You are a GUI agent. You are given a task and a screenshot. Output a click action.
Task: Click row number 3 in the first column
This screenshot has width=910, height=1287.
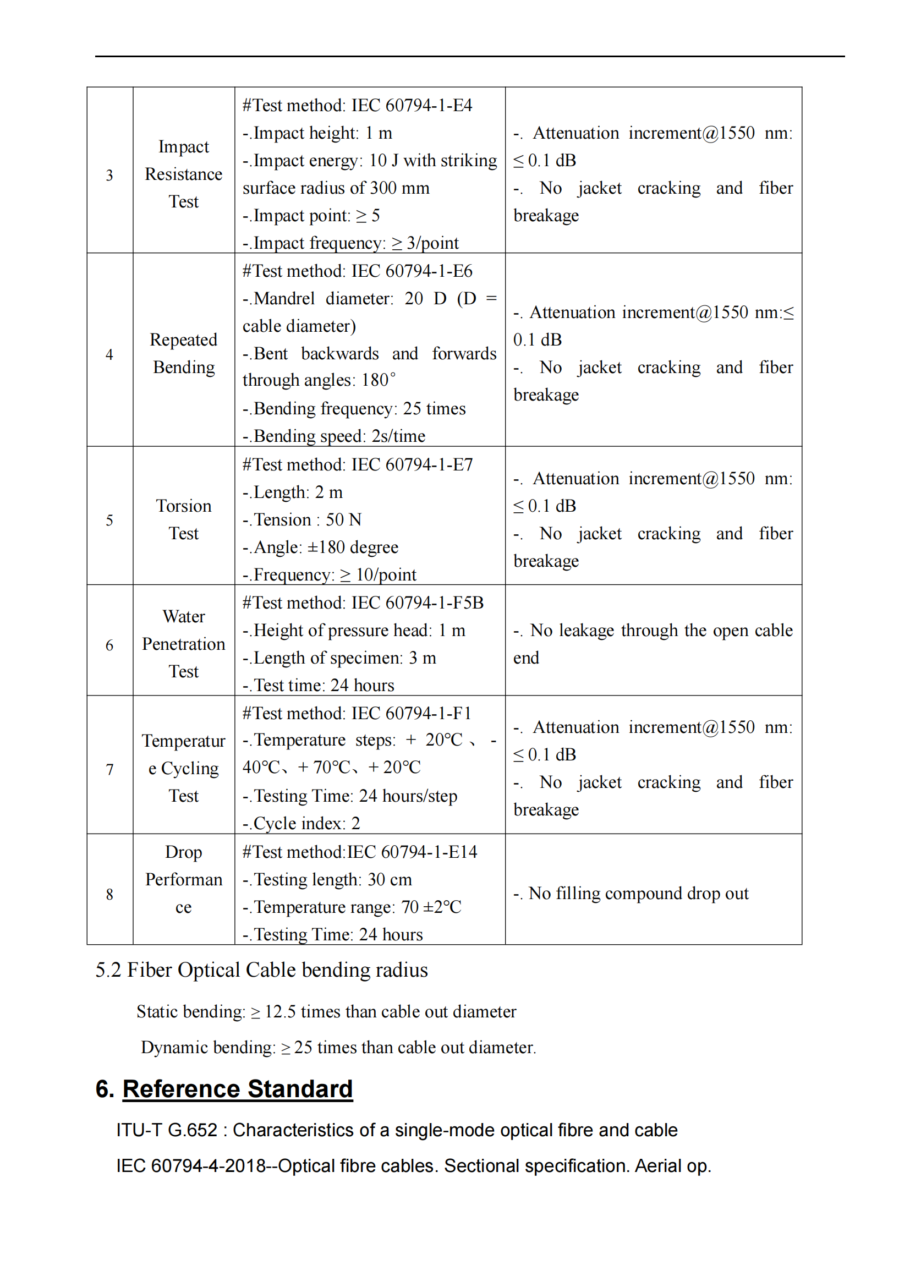109,175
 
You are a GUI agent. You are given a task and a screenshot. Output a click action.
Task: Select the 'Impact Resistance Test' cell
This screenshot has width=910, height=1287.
183,174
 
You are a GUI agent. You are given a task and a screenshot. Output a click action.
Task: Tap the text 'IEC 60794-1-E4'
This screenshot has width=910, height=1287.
412,106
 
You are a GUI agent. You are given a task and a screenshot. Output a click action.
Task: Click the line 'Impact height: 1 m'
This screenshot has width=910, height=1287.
317,133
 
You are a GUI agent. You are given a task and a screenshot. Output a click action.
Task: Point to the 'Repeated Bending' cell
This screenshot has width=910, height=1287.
183,353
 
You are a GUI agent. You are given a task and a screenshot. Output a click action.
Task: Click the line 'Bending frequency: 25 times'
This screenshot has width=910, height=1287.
354,408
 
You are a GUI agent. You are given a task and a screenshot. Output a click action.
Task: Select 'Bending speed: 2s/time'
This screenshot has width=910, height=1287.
335,436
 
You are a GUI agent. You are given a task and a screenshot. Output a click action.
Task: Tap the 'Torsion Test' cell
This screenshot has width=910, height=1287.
183,519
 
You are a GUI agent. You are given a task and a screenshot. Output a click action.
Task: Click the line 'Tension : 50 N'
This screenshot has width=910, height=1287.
302,519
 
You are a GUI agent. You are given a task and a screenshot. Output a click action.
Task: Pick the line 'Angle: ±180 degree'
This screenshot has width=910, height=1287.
321,546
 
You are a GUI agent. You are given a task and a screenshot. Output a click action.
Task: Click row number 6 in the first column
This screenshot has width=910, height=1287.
109,645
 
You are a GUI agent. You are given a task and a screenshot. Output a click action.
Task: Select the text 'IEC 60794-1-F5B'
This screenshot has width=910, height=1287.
417,603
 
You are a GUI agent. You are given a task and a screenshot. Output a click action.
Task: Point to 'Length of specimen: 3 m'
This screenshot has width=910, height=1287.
339,658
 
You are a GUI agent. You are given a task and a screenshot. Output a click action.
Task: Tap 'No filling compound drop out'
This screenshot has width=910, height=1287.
632,893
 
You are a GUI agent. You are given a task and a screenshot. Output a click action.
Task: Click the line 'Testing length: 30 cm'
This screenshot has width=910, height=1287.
327,879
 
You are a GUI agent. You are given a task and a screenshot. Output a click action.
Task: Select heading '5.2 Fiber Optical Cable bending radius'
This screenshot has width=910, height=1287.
261,970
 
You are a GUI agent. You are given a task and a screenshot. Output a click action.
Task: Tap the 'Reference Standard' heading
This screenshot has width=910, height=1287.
238,1088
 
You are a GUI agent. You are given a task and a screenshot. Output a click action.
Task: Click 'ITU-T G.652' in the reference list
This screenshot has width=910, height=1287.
166,1130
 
